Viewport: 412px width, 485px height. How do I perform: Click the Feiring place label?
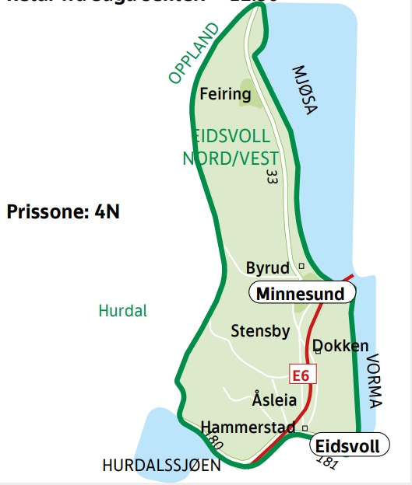click(x=225, y=95)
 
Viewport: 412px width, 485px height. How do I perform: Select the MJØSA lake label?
click(x=305, y=89)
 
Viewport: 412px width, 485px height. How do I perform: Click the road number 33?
click(x=271, y=176)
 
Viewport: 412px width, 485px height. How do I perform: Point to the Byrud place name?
click(x=267, y=267)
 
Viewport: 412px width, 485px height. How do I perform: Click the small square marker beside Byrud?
click(x=301, y=267)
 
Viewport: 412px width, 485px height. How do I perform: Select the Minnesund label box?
click(x=301, y=293)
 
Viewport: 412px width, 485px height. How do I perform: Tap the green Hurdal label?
click(x=122, y=311)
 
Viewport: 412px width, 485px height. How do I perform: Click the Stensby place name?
click(x=260, y=331)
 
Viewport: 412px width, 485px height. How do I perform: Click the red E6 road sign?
click(x=301, y=375)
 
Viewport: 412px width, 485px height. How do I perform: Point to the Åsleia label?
click(x=274, y=400)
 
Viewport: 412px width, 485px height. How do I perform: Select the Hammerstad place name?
click(x=247, y=427)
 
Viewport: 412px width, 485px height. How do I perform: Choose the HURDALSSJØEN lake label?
click(x=161, y=466)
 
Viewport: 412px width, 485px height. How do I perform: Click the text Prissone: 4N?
click(x=63, y=211)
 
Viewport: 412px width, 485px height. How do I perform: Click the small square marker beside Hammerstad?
click(x=305, y=427)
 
